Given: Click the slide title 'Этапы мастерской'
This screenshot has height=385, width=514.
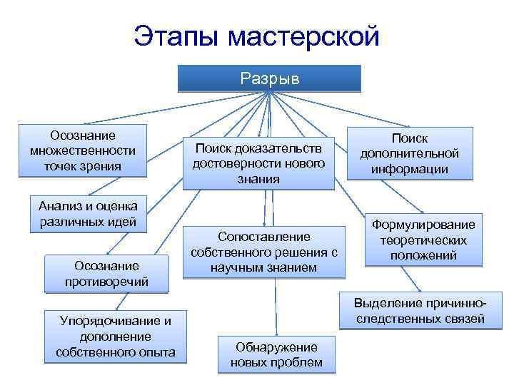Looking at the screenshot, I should pos(257,35).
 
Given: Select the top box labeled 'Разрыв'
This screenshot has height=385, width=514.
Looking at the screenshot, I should pos(269,78).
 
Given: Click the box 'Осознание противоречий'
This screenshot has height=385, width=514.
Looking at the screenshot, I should pos(106,273).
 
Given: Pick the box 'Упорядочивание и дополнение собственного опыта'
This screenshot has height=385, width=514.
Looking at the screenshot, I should pos(115,335).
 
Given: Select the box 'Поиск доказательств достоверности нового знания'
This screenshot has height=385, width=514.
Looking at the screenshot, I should pos(258,163).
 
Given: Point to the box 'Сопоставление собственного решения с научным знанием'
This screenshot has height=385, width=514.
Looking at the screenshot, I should pos(263,252).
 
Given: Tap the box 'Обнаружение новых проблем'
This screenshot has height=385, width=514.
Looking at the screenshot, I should pos(276,354).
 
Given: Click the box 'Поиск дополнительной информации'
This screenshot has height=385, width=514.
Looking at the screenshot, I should pos(410,153).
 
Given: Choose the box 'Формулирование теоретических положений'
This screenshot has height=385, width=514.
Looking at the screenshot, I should pos(424,240).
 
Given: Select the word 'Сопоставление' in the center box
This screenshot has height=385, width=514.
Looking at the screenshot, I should pos(264,237).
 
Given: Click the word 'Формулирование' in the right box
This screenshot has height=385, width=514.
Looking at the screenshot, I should pos(424,225).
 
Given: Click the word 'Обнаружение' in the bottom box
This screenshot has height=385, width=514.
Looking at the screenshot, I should pos(276,346).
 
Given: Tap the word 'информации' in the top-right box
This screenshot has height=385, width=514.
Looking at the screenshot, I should pos(410,169).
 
